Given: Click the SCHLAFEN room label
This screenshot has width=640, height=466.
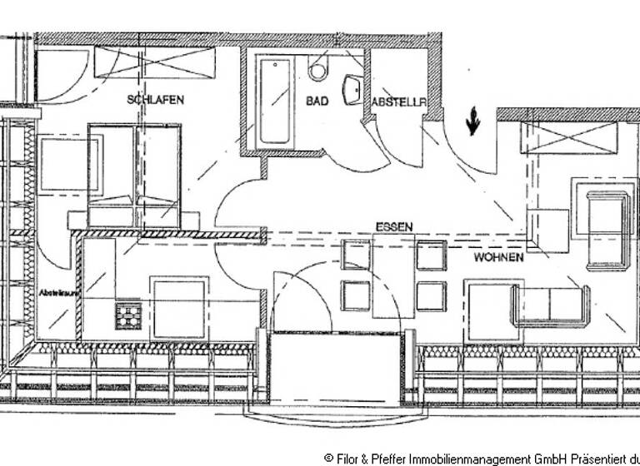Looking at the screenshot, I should pos(155,99).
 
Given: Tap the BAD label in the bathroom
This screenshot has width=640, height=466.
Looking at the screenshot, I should pos(317,101).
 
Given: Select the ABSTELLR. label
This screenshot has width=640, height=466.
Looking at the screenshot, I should pos(398,102).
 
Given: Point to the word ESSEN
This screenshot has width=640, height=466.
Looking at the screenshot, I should pos(394,227).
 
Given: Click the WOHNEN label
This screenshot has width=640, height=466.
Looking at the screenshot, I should pos(498,258).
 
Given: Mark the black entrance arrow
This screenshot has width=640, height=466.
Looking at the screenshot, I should pos(472,121).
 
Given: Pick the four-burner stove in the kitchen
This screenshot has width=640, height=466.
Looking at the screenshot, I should pos(127,315).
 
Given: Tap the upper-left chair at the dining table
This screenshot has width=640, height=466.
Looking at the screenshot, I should pos(355,255).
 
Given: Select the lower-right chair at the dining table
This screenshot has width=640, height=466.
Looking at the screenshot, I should pos(431,295).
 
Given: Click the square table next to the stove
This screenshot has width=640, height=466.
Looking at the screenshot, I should pos(178,309).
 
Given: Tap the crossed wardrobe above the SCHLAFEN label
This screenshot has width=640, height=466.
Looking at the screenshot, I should pos(154,62).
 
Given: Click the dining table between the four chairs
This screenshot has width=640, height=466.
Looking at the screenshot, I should pos(392,275).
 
